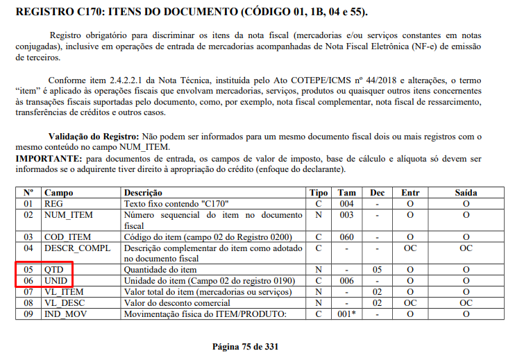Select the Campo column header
pyautogui.click(x=59, y=192)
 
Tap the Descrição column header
pyautogui.click(x=143, y=192)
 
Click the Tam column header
pyautogui.click(x=347, y=192)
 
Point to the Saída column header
pyautogui.click(x=466, y=192)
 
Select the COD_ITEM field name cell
pyautogui.click(x=67, y=237)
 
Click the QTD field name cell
pyautogui.click(x=54, y=269)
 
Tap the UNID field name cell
pyautogui.click(x=57, y=280)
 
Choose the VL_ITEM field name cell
pyautogui.click(x=64, y=291)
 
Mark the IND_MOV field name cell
pyautogui.click(x=66, y=314)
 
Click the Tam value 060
pyautogui.click(x=346, y=237)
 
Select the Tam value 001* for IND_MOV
pyautogui.click(x=346, y=314)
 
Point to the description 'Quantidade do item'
pyautogui.click(x=160, y=269)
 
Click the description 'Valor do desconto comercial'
pyautogui.click(x=176, y=302)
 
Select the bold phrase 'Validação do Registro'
pyautogui.click(x=94, y=137)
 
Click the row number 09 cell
pyautogui.click(x=28, y=314)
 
